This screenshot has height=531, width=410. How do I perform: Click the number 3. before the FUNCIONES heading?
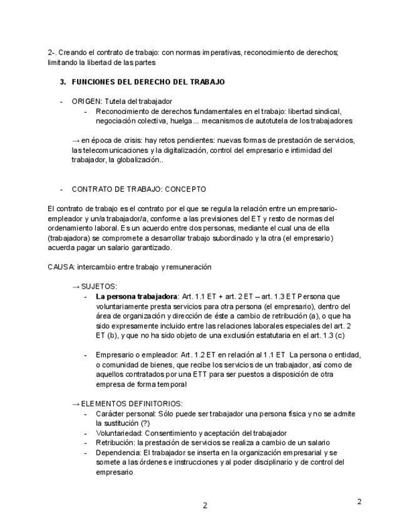click(x=63, y=82)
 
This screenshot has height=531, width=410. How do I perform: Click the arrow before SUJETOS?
click(x=76, y=286)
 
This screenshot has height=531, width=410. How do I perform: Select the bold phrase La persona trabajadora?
click(x=136, y=296)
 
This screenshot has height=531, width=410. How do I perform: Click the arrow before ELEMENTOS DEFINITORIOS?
click(x=76, y=404)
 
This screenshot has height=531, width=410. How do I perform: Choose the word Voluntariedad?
click(x=119, y=433)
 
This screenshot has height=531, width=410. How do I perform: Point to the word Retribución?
click(x=116, y=443)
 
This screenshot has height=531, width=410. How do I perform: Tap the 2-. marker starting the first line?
click(x=52, y=53)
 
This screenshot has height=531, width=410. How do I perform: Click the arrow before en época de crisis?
click(x=76, y=140)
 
